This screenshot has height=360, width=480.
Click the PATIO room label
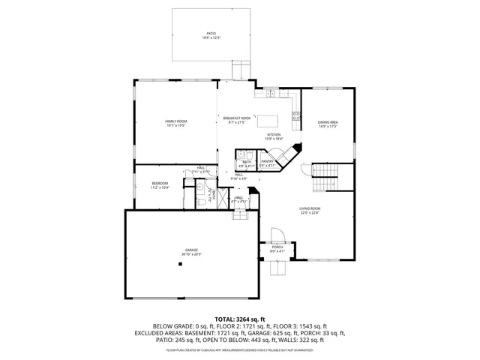point(211,33)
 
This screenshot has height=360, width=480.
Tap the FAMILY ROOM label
point(176,121)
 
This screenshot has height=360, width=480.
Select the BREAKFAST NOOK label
point(235,118)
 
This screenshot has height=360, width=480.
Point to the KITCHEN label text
point(253,135)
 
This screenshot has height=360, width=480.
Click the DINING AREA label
point(328,121)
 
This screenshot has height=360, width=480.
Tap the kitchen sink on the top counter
point(268,94)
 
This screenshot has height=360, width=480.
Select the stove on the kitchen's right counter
point(296,116)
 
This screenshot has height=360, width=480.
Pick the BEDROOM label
point(160,183)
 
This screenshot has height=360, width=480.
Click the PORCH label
point(277,247)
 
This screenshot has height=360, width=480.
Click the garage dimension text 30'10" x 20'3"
point(190,255)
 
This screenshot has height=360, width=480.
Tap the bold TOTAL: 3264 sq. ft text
point(240,319)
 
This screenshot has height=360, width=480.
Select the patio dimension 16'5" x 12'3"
point(211,38)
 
